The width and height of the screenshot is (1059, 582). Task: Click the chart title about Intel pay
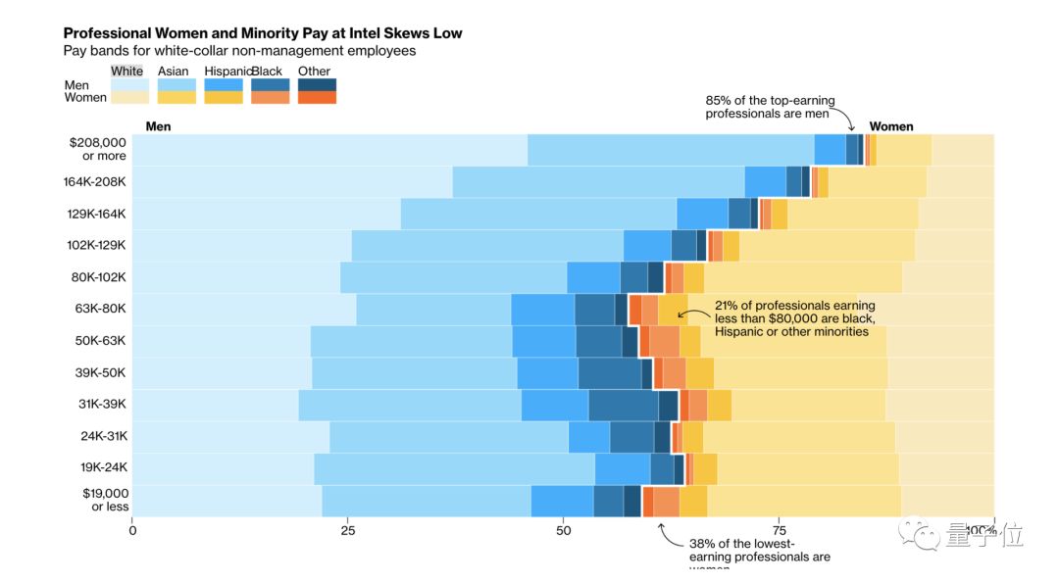[x=262, y=33]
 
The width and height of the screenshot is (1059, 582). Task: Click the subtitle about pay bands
[x=239, y=50]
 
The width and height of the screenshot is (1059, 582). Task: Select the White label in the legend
[x=126, y=71]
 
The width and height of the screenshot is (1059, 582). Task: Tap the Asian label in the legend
[x=174, y=71]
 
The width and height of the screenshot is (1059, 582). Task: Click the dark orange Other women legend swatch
[x=317, y=97]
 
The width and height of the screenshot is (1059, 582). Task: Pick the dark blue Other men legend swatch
[x=317, y=84]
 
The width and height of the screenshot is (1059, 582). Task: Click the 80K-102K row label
[x=98, y=276]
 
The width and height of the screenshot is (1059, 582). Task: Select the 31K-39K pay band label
[x=103, y=404]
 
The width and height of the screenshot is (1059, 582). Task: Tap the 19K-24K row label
[x=103, y=467]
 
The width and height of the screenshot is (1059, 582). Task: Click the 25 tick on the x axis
[x=348, y=530]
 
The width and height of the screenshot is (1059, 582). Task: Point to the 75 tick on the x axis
[x=780, y=530]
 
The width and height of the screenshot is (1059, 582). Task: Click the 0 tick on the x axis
[x=133, y=530]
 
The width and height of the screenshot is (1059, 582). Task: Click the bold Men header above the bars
[x=158, y=126]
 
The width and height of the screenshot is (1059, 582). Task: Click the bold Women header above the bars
[x=891, y=126]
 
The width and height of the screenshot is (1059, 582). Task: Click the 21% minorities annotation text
[x=794, y=318]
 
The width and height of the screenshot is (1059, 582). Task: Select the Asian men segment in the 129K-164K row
[x=538, y=214]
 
